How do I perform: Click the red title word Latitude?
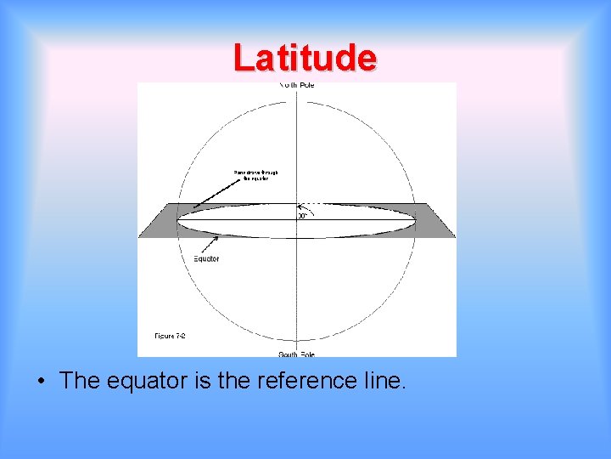click(x=305, y=58)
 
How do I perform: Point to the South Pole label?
click(x=297, y=354)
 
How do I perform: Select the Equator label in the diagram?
click(x=205, y=258)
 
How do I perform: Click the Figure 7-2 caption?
click(x=170, y=336)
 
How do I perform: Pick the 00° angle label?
click(x=303, y=216)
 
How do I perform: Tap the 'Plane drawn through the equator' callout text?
click(x=255, y=176)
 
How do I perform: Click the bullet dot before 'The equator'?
click(x=41, y=380)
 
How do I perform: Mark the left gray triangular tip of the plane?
click(x=153, y=224)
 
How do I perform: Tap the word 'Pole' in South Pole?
click(x=308, y=354)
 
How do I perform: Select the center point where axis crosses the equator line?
click(x=296, y=220)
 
